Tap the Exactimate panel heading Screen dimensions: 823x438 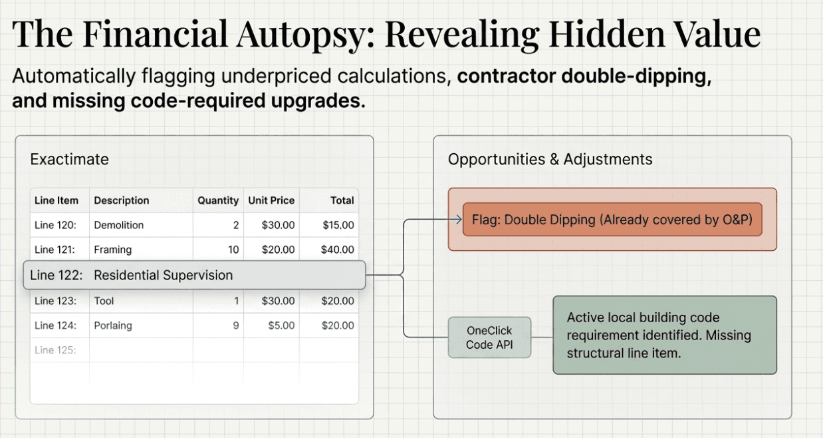click(69, 159)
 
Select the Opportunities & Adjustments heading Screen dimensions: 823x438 click(550, 159)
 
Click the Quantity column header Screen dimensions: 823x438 click(217, 200)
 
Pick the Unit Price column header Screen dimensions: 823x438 click(271, 200)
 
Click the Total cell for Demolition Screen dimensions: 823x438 click(338, 225)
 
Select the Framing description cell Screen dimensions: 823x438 click(113, 250)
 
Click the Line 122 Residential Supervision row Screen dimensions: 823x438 click(194, 275)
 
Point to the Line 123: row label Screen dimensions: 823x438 click(55, 301)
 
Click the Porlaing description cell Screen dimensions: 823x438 click(113, 326)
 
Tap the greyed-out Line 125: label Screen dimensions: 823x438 click(55, 350)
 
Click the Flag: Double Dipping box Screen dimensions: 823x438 click(612, 220)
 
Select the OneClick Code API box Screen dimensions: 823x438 click(489, 337)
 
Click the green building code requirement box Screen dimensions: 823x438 click(664, 335)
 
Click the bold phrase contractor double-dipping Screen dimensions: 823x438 click(584, 76)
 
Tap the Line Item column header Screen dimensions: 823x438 click(57, 200)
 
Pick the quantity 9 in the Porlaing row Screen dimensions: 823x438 click(235, 326)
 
